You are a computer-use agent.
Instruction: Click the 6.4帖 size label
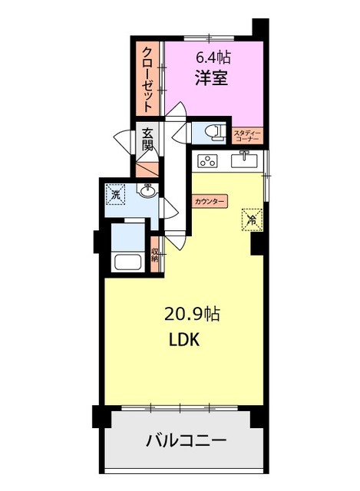[213, 57]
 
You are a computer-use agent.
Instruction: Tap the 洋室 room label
[212, 77]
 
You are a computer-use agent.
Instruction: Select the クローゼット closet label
[147, 80]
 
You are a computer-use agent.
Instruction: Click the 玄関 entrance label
[147, 139]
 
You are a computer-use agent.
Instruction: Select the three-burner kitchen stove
[207, 161]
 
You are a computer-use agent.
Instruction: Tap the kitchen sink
[244, 160]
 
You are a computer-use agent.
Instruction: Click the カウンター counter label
[210, 201]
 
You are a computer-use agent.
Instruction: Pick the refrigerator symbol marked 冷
[251, 220]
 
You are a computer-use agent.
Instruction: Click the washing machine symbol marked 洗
[116, 195]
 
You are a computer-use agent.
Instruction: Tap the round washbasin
[148, 191]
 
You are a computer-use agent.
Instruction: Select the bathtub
[128, 262]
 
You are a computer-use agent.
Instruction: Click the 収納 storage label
[154, 254]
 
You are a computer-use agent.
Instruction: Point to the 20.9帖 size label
[192, 315]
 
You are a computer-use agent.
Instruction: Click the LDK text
[184, 339]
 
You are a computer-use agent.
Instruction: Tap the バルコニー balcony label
[186, 441]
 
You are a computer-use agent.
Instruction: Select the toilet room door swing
[182, 133]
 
